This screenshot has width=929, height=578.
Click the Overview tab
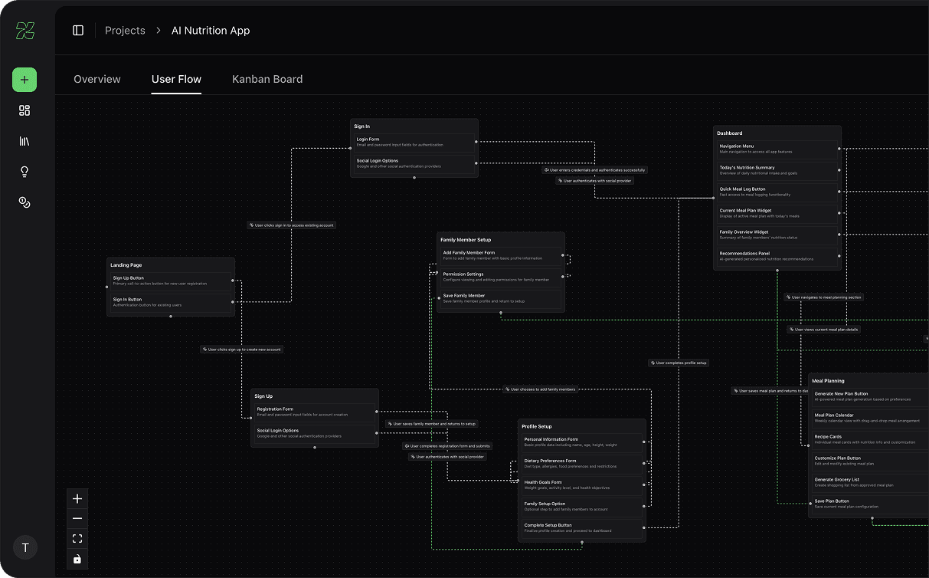point(97,79)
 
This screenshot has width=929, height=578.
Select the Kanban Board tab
point(267,79)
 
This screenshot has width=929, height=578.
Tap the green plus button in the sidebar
point(25,80)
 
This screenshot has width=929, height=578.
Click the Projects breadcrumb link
point(125,31)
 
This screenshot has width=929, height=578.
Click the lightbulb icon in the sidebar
point(25,172)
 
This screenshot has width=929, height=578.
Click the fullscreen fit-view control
point(77,539)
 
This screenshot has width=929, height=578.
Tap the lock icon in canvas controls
point(77,559)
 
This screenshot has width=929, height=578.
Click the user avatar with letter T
point(25,547)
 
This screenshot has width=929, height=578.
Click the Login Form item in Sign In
point(414,142)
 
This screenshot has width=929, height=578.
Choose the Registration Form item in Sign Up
point(314,412)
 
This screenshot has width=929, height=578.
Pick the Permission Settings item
point(500,277)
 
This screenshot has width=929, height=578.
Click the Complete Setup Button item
point(581,528)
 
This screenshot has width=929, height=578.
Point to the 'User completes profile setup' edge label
point(679,363)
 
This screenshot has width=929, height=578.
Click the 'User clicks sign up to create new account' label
point(242,350)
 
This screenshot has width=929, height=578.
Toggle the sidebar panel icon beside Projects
point(78,31)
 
